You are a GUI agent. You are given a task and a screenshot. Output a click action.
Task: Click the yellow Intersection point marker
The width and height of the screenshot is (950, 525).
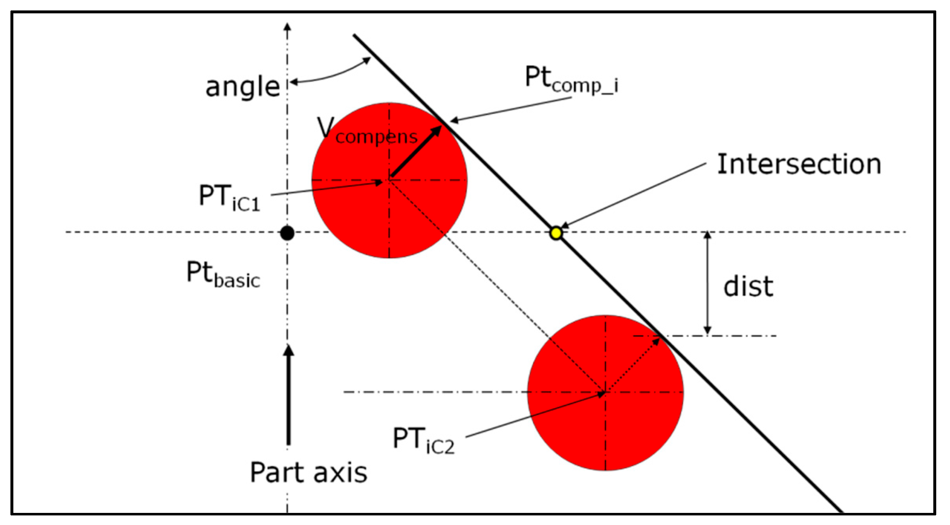[x=556, y=233]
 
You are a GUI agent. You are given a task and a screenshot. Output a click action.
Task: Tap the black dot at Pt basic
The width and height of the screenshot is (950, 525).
[x=287, y=233]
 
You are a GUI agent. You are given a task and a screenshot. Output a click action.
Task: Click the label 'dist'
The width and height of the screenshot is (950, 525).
[x=748, y=286]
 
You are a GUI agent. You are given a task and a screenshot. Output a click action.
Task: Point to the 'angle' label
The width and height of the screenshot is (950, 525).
[x=242, y=87]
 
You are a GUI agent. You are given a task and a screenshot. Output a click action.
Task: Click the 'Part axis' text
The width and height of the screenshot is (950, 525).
[x=308, y=472]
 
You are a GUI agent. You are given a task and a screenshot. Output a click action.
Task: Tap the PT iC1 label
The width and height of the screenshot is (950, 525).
[x=229, y=198]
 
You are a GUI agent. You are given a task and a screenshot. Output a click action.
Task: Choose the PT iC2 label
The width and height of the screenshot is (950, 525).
[x=423, y=440]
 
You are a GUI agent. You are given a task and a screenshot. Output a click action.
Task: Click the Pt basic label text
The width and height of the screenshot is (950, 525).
[x=223, y=274]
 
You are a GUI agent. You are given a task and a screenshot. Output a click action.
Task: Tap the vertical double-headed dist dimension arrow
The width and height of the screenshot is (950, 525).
[x=707, y=283]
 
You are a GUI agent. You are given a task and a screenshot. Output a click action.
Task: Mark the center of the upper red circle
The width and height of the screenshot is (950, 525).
[x=389, y=180]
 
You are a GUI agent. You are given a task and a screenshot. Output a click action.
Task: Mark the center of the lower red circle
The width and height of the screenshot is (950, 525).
[x=605, y=392]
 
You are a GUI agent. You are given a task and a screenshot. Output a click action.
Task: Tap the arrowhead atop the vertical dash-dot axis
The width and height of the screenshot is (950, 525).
[x=287, y=27]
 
